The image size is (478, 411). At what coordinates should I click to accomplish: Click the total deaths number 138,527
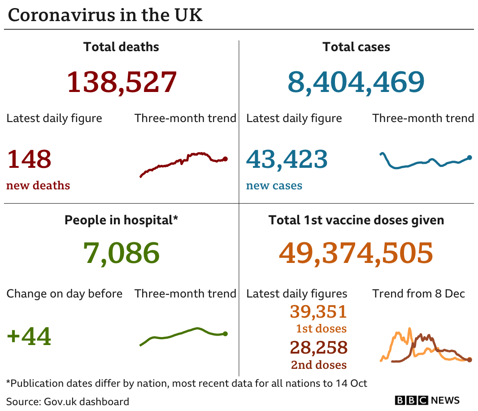click(x=122, y=82)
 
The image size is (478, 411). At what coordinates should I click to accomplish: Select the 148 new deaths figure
click(x=29, y=159)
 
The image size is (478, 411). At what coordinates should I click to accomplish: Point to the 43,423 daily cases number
click(x=287, y=159)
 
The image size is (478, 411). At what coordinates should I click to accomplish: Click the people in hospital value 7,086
click(x=121, y=253)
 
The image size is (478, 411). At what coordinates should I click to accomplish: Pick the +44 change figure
click(x=29, y=337)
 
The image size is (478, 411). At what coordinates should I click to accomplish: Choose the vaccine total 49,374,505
click(x=356, y=253)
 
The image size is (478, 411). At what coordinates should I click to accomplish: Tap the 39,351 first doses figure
click(x=318, y=311)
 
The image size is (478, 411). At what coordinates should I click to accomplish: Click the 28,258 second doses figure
click(x=318, y=347)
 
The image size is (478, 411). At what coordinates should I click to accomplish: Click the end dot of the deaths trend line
click(x=225, y=159)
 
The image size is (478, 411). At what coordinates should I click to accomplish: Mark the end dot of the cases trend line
click(x=469, y=157)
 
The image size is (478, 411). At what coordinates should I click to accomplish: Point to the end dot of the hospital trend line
click(x=225, y=334)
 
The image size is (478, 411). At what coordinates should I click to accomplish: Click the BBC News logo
click(x=427, y=400)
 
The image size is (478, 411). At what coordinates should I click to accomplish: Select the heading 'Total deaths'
click(x=121, y=47)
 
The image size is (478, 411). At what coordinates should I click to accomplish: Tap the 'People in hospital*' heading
click(x=121, y=220)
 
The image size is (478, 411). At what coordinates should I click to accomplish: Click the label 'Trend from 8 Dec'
click(x=418, y=294)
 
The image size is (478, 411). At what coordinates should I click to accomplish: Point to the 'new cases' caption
click(x=274, y=186)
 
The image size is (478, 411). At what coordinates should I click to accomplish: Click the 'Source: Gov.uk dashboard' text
click(x=68, y=401)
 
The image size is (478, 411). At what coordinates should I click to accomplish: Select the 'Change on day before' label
click(x=64, y=294)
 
